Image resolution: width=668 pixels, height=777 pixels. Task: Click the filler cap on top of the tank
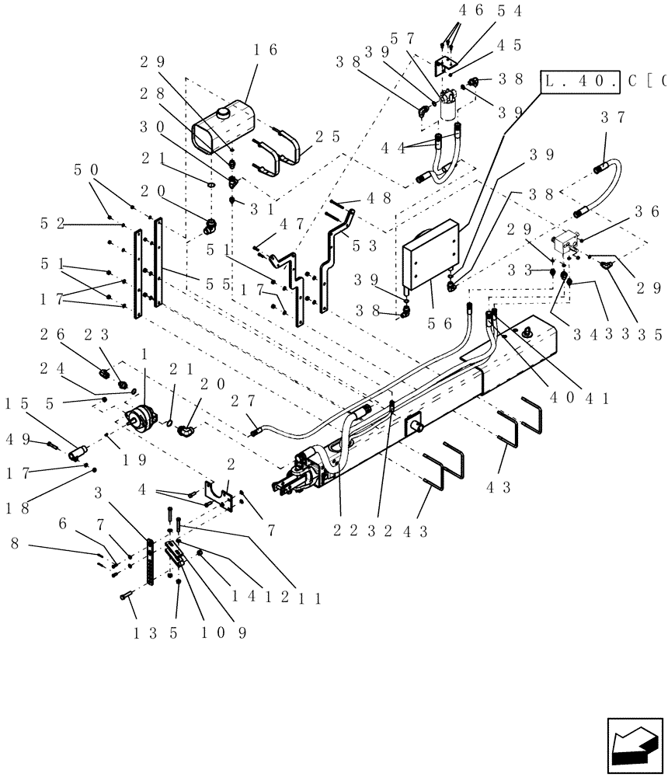[224, 113]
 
